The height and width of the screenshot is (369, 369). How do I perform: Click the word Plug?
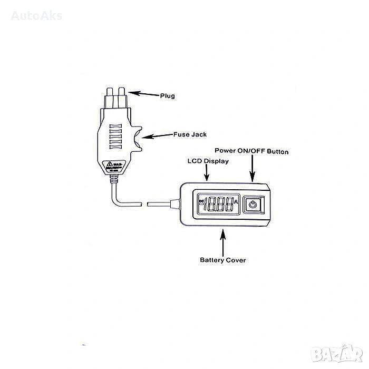167,96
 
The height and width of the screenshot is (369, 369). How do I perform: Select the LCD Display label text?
208,161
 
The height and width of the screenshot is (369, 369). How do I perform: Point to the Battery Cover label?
222,260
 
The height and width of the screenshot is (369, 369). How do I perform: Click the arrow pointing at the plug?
143,94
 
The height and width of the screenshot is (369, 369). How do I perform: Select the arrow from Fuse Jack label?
157,136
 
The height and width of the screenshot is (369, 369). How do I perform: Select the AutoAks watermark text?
37,15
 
